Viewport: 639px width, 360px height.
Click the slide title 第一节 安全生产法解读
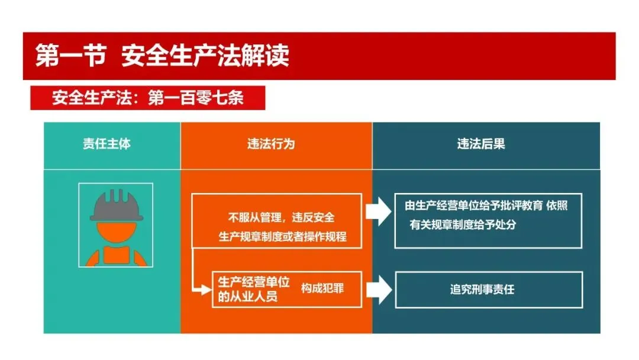pos(162,56)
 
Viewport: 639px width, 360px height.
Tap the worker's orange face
pos(116,232)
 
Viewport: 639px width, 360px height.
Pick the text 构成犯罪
pos(322,288)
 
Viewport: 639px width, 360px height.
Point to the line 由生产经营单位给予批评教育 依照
pos(486,206)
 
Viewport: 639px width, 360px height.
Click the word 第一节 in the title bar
pos(70,56)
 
